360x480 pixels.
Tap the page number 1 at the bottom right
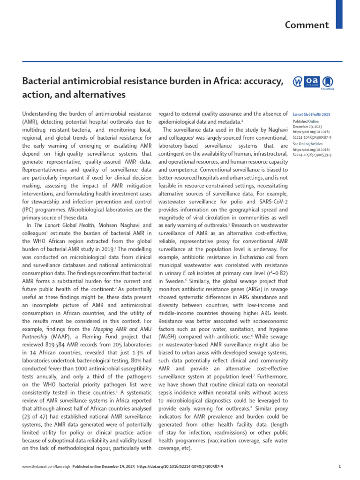click(x=339, y=467)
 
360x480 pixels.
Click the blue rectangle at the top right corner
click(x=339, y=11)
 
